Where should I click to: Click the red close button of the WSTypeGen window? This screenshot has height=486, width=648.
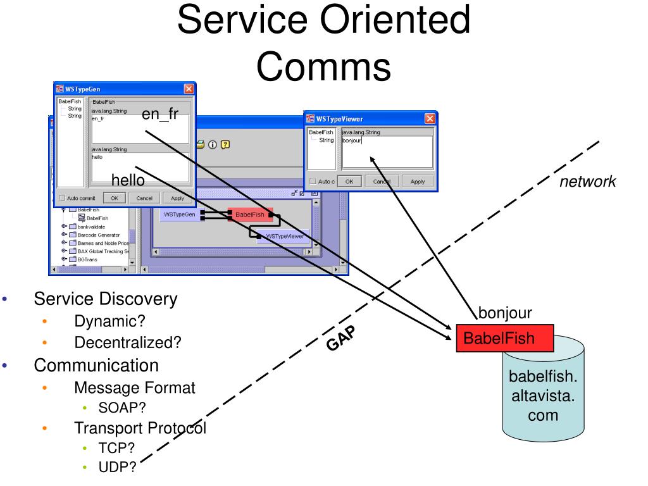(x=188, y=89)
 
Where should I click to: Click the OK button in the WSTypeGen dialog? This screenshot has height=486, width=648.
(x=115, y=197)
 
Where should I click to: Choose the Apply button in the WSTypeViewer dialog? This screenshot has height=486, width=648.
(x=418, y=181)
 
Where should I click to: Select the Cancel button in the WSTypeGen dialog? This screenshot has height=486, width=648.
(x=144, y=197)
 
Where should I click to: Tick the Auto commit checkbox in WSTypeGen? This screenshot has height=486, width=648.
(x=62, y=197)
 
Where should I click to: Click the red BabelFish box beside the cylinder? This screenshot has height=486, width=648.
(x=505, y=338)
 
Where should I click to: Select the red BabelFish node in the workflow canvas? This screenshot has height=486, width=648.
(x=251, y=215)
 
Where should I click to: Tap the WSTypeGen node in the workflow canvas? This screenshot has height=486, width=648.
(x=180, y=215)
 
